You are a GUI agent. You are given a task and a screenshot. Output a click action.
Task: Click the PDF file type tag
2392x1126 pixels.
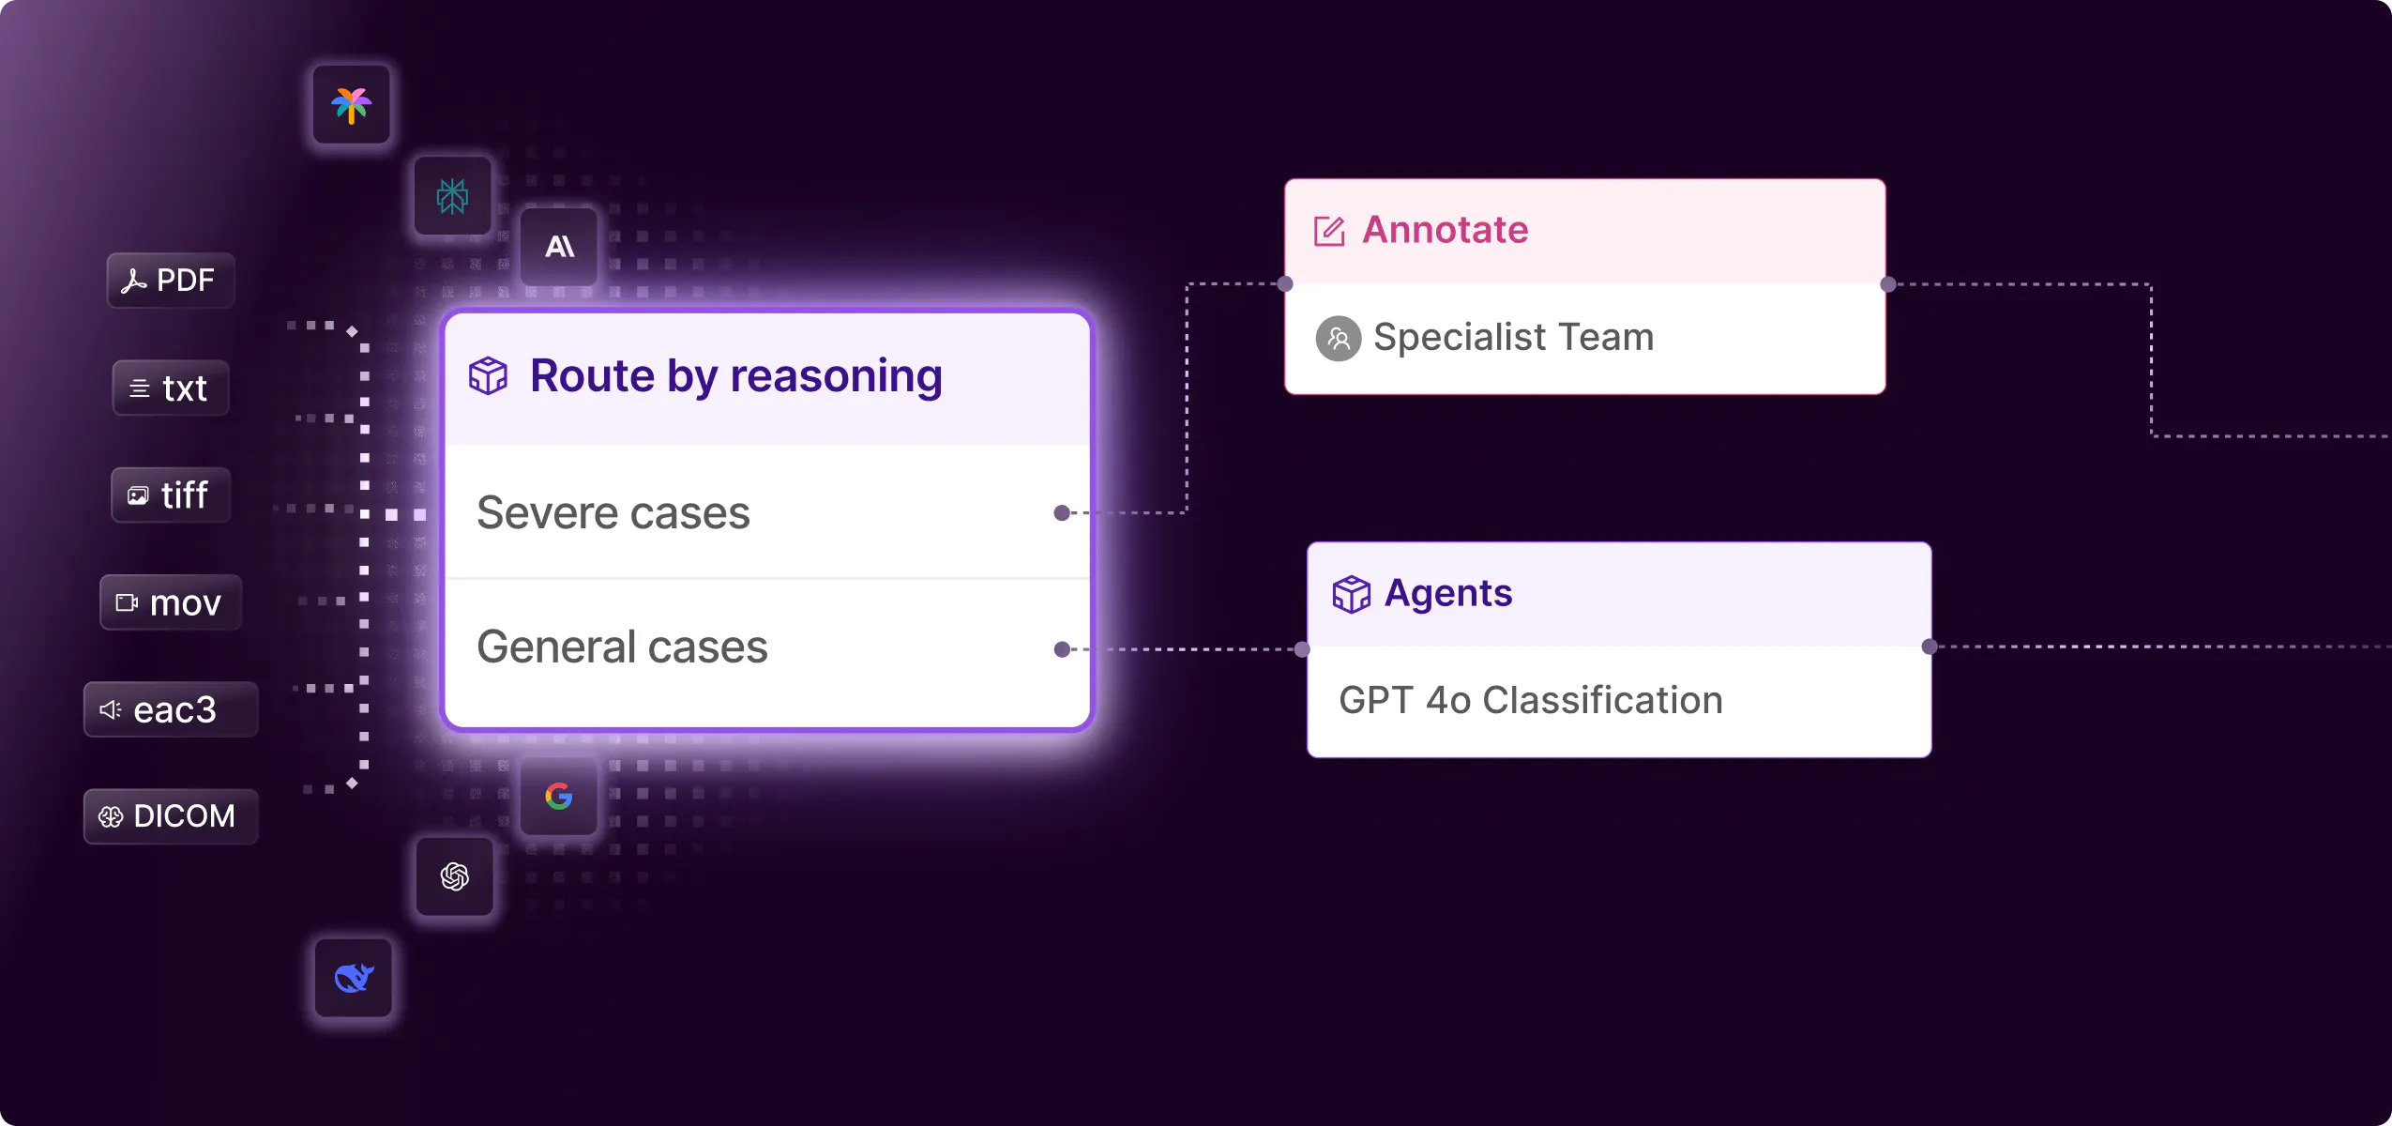click(171, 281)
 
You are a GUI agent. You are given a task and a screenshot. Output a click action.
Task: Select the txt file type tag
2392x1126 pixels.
click(171, 388)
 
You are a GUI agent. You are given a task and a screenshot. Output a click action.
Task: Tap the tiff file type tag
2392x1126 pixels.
click(171, 495)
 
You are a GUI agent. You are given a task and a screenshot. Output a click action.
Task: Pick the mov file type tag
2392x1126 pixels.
click(171, 602)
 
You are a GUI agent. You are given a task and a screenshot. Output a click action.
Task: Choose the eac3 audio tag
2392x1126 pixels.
click(171, 709)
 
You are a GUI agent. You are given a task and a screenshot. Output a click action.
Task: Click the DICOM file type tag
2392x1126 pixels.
click(171, 816)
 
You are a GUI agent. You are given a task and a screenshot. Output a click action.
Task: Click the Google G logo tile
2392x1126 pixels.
click(559, 797)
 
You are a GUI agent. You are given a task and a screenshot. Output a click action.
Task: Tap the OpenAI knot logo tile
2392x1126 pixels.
click(455, 876)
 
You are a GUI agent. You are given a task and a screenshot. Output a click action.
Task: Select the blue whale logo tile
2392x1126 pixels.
click(354, 978)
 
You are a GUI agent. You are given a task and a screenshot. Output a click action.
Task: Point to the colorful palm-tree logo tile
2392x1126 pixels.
click(352, 104)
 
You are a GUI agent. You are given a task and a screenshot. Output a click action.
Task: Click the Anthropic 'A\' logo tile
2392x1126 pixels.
click(559, 247)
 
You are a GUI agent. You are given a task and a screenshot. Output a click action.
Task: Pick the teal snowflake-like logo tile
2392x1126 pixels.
click(453, 196)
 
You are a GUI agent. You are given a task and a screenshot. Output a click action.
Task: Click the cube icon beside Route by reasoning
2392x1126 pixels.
click(488, 376)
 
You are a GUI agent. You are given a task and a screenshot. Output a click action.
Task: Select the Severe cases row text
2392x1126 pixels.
click(613, 513)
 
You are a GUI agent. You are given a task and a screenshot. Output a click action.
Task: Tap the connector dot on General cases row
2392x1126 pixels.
click(1062, 649)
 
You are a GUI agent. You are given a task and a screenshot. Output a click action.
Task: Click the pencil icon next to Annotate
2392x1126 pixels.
click(1329, 231)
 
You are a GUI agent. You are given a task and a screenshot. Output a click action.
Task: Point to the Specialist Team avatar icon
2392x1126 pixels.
click(1339, 339)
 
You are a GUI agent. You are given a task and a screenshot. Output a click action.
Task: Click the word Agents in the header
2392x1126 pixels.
click(1448, 593)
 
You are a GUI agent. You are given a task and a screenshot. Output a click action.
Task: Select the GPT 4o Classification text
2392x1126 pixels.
click(1531, 701)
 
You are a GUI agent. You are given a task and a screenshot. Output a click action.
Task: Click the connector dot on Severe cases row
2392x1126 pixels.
click(1062, 512)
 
